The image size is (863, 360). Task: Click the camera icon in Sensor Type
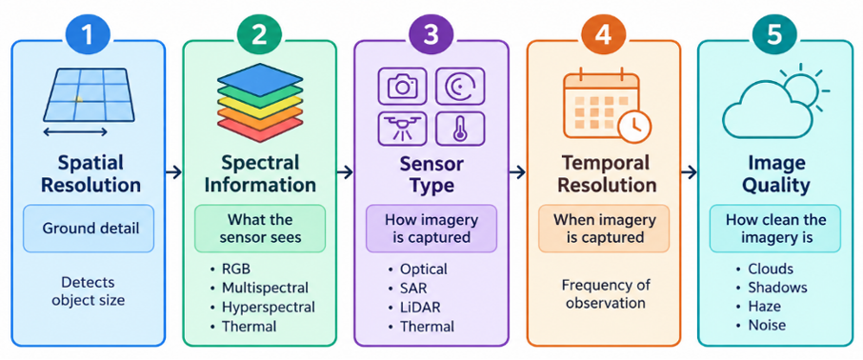(x=403, y=86)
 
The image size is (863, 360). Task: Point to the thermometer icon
(x=460, y=129)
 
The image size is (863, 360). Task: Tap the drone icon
(x=403, y=129)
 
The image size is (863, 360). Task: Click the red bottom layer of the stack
(x=259, y=126)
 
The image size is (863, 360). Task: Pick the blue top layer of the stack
(x=259, y=77)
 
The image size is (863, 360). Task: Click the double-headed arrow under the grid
(x=75, y=131)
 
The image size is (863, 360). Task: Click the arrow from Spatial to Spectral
(x=174, y=172)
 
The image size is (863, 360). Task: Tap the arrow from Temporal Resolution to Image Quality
(x=689, y=172)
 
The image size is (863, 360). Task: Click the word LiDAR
(x=420, y=308)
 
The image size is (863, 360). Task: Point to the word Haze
(x=765, y=306)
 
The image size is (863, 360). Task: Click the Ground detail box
(x=88, y=228)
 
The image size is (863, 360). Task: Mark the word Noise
(x=767, y=326)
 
